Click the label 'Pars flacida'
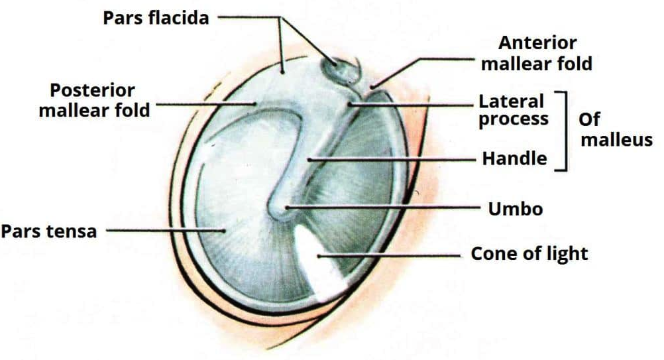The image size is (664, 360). (x=156, y=17)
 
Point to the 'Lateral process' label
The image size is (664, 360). (x=513, y=110)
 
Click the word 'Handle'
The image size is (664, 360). (x=514, y=159)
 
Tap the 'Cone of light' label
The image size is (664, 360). (x=529, y=253)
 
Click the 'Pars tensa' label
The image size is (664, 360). (x=49, y=231)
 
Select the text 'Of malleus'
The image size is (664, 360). (x=616, y=131)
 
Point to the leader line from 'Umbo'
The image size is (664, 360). (x=384, y=208)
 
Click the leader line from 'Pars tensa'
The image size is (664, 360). (x=166, y=231)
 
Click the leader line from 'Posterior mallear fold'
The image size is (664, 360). (x=205, y=104)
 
